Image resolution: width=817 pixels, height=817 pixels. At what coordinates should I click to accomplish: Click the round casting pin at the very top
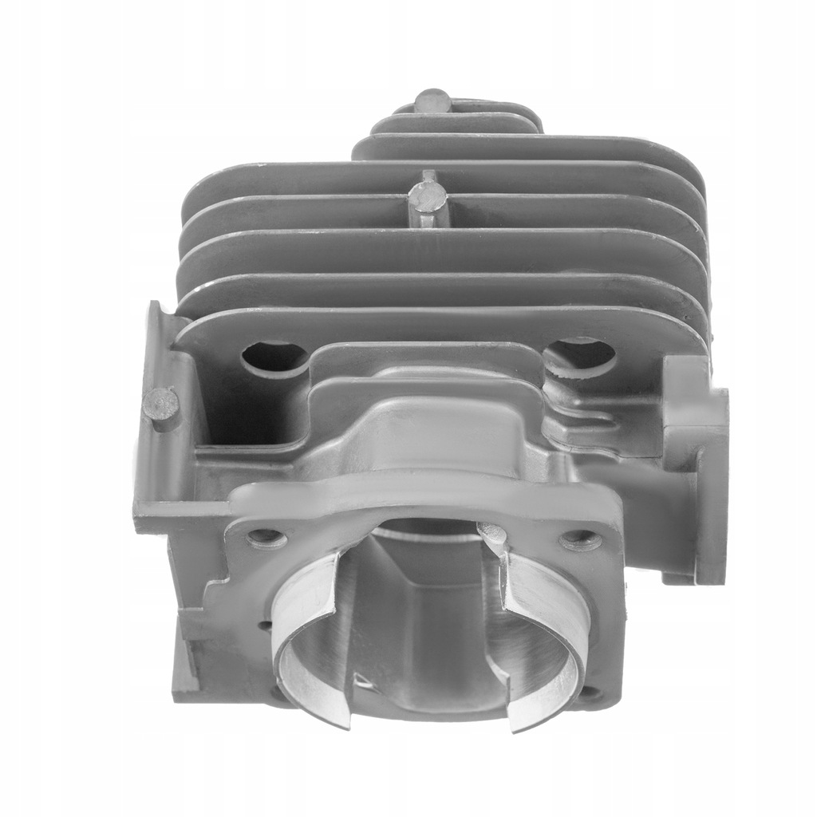[432, 101]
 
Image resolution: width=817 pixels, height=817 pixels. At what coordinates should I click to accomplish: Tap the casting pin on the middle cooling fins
[427, 197]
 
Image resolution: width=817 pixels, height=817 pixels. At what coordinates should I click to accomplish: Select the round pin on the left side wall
[162, 401]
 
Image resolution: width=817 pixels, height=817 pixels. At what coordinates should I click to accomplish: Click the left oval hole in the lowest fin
[274, 357]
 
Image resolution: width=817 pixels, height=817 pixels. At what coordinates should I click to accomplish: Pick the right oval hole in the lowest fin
[581, 354]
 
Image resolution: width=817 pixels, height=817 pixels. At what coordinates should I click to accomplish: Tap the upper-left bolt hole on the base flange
[266, 538]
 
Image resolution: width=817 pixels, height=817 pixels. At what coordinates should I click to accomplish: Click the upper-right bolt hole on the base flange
[580, 541]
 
